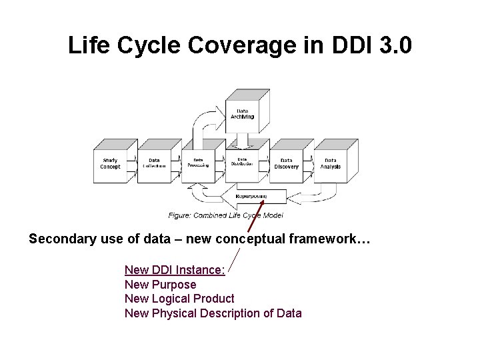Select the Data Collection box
click(x=154, y=163)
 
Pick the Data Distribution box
click(x=243, y=163)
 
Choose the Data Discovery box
click(x=287, y=163)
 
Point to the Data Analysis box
click(x=331, y=163)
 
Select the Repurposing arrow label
click(x=251, y=197)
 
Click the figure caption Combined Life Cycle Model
click(x=225, y=215)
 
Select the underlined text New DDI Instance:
click(x=175, y=270)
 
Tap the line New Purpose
click(x=160, y=285)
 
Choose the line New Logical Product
click(x=179, y=299)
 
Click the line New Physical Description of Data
click(x=213, y=313)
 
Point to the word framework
click(x=319, y=239)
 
